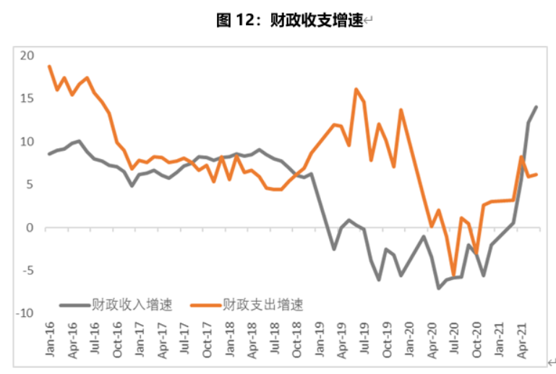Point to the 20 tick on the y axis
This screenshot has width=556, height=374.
[27, 56]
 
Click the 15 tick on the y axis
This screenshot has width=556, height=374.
[27, 98]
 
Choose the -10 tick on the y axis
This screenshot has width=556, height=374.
[25, 313]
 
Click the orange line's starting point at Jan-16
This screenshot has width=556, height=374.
[49, 66]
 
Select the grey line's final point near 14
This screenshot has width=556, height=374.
[536, 107]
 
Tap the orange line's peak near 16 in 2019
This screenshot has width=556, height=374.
[356, 90]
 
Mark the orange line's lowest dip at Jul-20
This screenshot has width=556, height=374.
[454, 275]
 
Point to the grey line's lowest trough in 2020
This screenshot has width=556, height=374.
[439, 288]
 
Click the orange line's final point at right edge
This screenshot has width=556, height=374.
[536, 174]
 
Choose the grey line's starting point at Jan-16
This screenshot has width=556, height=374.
[49, 154]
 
